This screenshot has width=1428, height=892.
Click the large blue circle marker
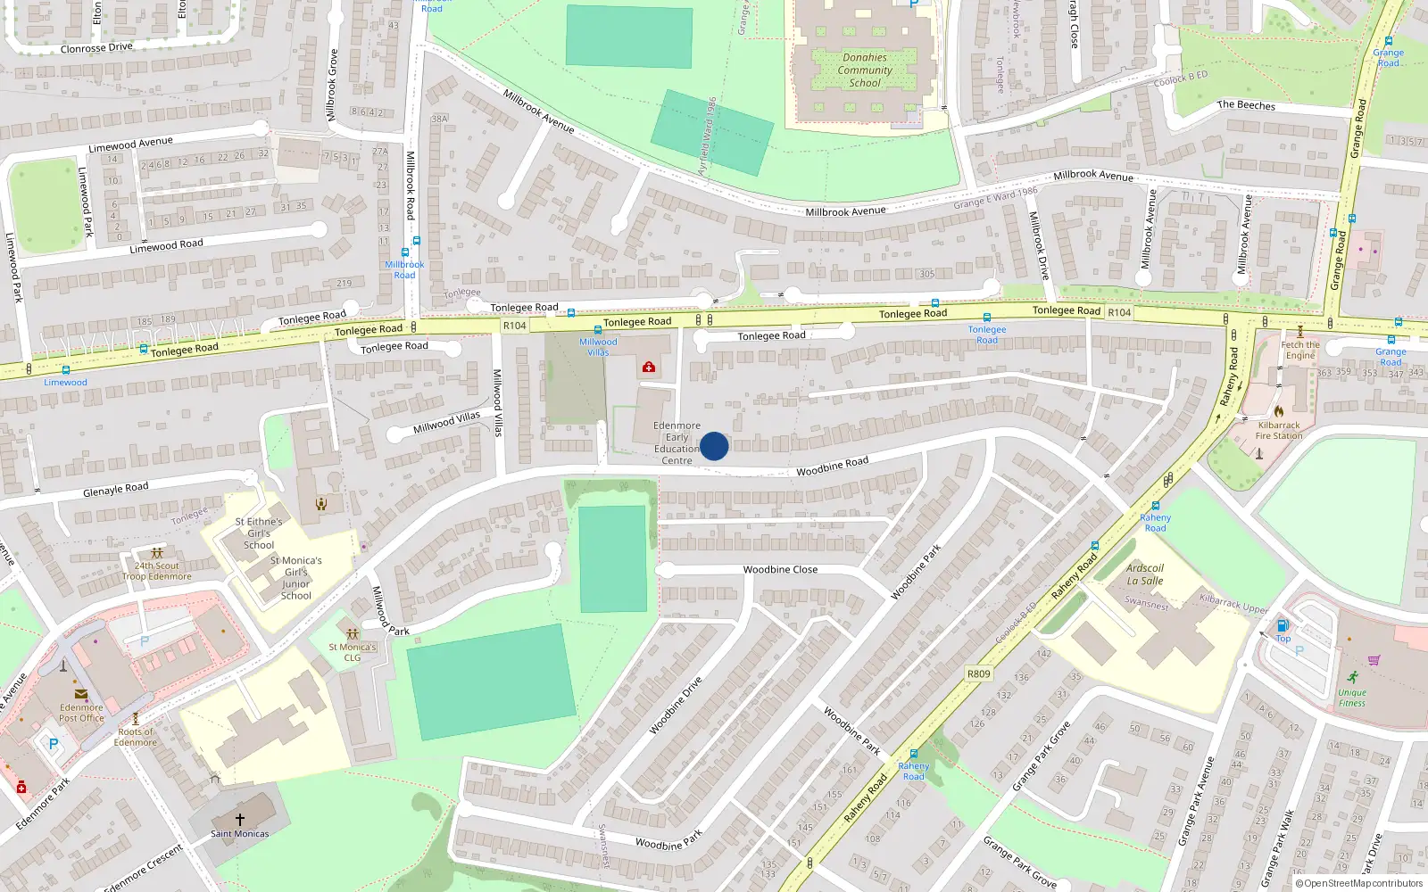click(714, 446)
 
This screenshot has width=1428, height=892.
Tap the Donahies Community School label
click(865, 70)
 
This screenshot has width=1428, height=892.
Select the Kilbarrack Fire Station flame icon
click(1278, 411)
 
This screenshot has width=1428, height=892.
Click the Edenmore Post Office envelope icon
click(81, 694)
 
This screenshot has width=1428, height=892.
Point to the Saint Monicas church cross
click(239, 819)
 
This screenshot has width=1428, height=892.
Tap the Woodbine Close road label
click(780, 569)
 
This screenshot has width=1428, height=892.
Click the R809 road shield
click(978, 674)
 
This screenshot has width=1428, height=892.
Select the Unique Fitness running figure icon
click(1353, 677)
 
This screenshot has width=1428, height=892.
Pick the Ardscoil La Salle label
click(1145, 574)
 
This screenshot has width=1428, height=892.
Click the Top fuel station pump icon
click(1283, 625)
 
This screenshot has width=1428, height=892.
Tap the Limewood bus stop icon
click(66, 370)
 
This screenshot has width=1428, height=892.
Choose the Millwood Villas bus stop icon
click(598, 330)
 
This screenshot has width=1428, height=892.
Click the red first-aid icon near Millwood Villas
click(649, 367)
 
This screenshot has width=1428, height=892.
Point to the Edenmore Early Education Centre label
click(677, 443)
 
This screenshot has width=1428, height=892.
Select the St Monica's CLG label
click(353, 652)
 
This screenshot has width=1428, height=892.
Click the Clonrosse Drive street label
click(96, 48)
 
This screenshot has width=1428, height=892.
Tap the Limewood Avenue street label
click(130, 144)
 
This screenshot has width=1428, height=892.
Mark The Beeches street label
click(1246, 105)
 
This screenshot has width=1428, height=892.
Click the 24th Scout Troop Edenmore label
click(157, 571)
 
